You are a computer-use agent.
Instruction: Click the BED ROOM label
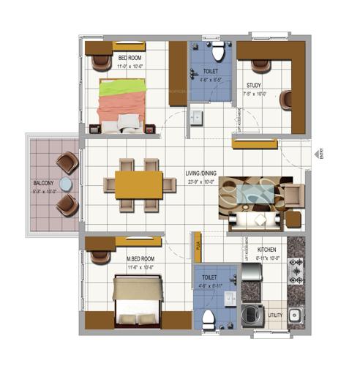[x=130, y=58]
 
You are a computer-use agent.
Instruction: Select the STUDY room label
[x=255, y=85]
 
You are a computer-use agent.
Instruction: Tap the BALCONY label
[x=44, y=184]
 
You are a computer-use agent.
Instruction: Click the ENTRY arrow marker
[x=319, y=154]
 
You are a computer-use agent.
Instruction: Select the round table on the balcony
[x=65, y=184]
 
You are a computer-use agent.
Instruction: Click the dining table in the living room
[x=139, y=183]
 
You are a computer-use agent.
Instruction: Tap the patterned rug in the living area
[x=256, y=195]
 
